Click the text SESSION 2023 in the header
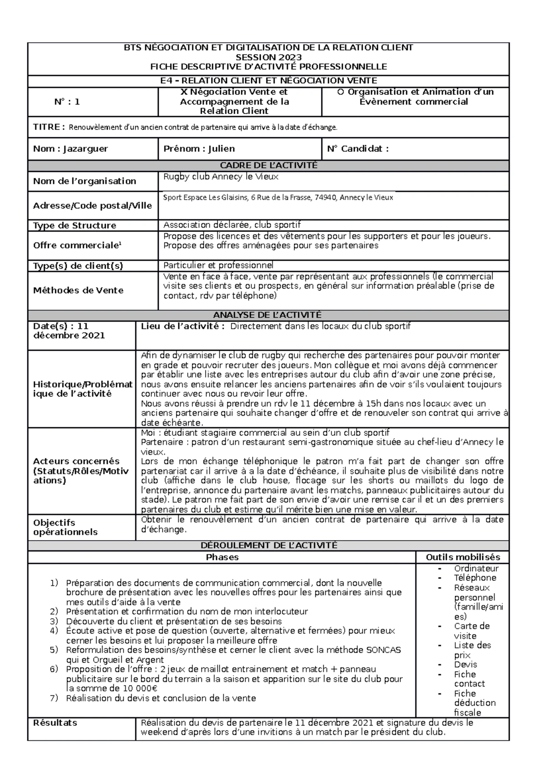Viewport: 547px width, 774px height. click(268, 57)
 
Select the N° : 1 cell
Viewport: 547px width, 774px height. click(67, 102)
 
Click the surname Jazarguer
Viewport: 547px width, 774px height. click(86, 149)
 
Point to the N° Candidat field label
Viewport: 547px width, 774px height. click(358, 149)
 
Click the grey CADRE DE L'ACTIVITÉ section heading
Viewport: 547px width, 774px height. click(268, 165)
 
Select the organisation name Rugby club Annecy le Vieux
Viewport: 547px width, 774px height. click(221, 177)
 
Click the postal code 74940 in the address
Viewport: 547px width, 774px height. click(325, 198)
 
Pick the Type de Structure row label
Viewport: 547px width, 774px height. click(74, 225)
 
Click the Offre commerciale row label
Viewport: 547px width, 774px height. click(77, 245)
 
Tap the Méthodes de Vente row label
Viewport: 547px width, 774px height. click(78, 290)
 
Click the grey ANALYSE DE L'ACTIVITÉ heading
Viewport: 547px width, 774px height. click(268, 315)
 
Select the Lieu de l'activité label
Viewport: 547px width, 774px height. click(182, 326)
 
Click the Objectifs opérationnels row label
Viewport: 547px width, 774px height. click(65, 527)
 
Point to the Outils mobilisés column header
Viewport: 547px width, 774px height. click(463, 557)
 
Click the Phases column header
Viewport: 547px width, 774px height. click(222, 557)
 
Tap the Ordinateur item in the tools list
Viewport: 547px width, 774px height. click(476, 568)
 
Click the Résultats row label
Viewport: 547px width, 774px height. click(55, 723)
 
